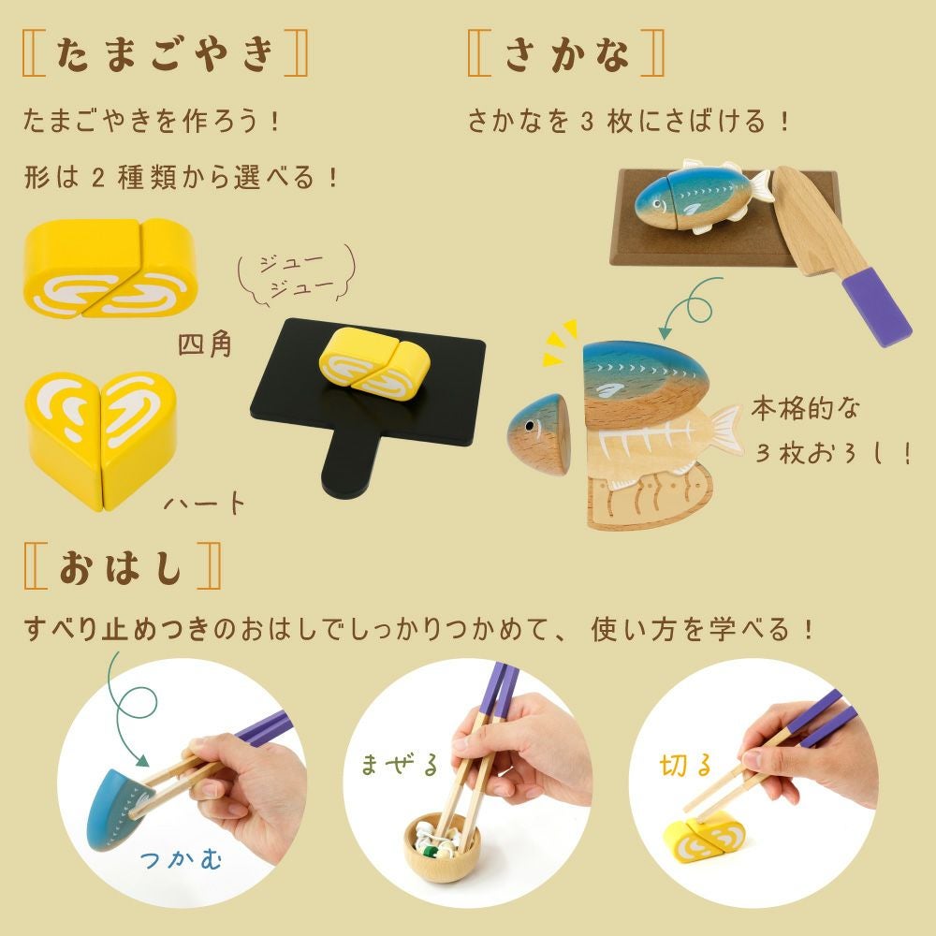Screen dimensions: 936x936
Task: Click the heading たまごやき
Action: [165, 53]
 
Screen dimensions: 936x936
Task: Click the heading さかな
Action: [566, 53]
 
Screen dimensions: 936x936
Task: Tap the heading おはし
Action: [121, 566]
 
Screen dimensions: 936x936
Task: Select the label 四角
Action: [204, 344]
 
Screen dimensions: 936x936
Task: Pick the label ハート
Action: [204, 504]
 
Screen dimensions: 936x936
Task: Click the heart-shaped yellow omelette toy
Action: [101, 439]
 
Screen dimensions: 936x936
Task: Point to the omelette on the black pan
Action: [374, 363]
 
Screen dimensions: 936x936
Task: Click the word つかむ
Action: [181, 858]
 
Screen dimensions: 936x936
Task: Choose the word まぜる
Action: [400, 765]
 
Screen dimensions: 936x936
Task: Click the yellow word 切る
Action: [686, 766]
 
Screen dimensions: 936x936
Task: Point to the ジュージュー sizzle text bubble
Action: [297, 275]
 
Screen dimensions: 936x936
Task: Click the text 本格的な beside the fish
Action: [805, 409]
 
